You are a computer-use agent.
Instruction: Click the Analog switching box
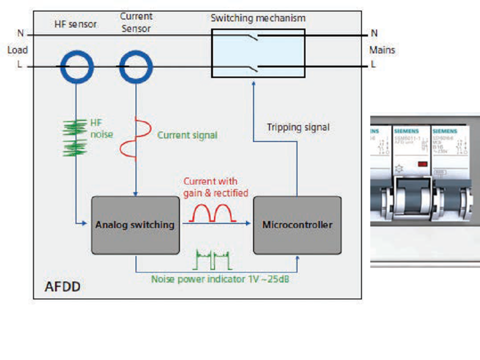pyautogui.click(x=135, y=225)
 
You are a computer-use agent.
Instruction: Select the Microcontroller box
pyautogui.click(x=297, y=225)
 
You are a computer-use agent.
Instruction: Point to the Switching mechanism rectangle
pyautogui.click(x=258, y=53)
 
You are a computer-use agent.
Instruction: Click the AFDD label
pyautogui.click(x=62, y=287)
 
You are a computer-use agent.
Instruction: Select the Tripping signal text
pyautogui.click(x=298, y=127)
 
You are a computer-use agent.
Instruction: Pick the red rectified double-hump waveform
pyautogui.click(x=216, y=212)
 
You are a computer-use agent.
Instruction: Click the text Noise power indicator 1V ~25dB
pyautogui.click(x=220, y=279)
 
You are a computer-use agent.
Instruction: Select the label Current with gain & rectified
pyautogui.click(x=215, y=187)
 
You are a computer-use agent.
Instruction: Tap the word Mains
pyautogui.click(x=382, y=50)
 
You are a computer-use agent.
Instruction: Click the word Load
pyautogui.click(x=17, y=50)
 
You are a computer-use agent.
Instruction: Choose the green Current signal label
pyautogui.click(x=187, y=135)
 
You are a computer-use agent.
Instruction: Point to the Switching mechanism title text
pyautogui.click(x=257, y=18)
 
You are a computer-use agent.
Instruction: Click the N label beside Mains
pyautogui.click(x=374, y=33)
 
